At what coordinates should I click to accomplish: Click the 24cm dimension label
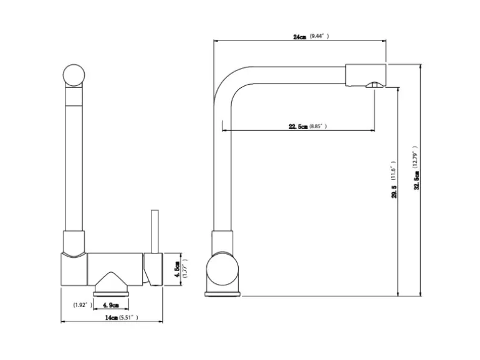click(x=299, y=37)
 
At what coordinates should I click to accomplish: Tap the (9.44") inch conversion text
click(x=319, y=36)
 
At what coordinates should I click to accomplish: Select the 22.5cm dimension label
click(x=298, y=126)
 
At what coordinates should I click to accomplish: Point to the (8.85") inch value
click(x=318, y=126)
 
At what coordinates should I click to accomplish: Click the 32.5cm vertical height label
click(x=416, y=181)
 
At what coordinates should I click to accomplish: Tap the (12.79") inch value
click(x=415, y=158)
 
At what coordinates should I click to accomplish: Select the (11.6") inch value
click(x=393, y=171)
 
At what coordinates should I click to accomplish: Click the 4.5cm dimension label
click(x=176, y=270)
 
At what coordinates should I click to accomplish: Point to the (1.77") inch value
click(x=185, y=268)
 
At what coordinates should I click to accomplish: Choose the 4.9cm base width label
click(x=111, y=305)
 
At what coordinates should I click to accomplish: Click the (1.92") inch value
click(x=83, y=305)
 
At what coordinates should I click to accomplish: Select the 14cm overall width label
click(x=112, y=318)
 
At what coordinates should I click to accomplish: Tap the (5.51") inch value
click(x=128, y=318)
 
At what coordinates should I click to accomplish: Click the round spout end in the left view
click(x=74, y=75)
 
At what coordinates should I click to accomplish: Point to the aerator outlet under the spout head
click(x=375, y=85)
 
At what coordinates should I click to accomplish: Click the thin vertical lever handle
click(x=155, y=232)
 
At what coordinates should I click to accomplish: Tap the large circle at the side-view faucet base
click(x=223, y=270)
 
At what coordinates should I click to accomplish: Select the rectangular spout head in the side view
click(x=366, y=75)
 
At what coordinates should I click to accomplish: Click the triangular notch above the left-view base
click(x=111, y=278)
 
